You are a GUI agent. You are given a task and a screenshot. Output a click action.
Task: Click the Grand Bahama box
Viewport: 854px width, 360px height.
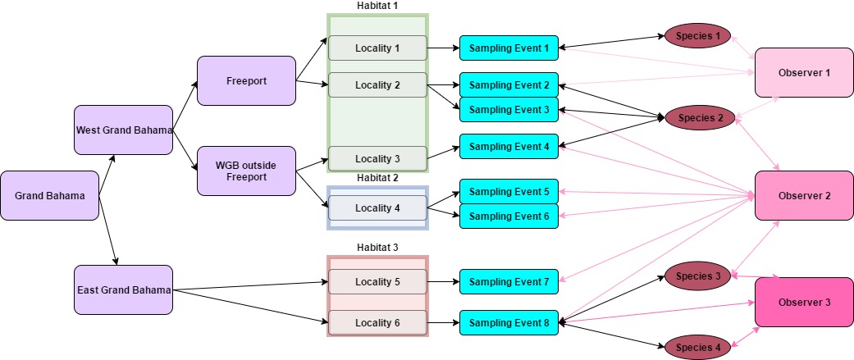coord(50,196)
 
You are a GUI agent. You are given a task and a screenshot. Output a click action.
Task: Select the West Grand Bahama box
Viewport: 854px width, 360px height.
coord(123,130)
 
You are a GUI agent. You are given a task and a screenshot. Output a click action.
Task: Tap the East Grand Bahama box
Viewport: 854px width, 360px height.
coord(123,289)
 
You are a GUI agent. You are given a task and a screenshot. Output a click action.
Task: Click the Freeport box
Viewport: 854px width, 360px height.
coord(246,80)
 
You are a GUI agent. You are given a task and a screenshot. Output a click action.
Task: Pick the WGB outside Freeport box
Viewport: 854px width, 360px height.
coord(246,171)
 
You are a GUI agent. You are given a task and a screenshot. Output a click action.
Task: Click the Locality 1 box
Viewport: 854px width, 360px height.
coord(377,48)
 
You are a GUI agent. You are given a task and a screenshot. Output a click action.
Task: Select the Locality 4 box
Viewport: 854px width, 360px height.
coord(377,207)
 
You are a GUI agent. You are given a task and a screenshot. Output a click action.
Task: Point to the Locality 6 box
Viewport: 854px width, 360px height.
coord(377,322)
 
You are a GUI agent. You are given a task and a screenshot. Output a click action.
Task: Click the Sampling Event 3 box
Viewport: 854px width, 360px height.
coord(509,109)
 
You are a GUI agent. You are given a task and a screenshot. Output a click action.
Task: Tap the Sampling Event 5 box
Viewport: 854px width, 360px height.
coord(509,191)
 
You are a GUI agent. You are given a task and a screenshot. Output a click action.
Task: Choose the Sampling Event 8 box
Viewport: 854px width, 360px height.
coord(509,322)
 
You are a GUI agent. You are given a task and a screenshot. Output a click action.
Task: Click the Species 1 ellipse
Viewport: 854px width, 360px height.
coord(696,35)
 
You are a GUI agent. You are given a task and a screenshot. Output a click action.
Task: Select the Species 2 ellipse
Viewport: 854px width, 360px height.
coord(696,117)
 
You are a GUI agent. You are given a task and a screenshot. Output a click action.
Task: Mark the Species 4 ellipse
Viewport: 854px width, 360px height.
coord(696,347)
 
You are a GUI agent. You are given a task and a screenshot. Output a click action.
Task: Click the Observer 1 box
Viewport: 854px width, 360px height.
coord(804,72)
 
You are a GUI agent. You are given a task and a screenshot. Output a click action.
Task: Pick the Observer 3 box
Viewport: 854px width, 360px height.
coord(804,302)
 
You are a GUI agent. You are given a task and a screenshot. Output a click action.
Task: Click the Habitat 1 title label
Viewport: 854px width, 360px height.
coord(377,6)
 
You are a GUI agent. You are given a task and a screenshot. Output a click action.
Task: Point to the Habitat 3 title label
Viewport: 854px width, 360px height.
coord(377,247)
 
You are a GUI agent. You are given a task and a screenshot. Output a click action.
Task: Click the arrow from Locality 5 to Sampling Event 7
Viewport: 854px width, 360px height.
coord(443,281)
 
